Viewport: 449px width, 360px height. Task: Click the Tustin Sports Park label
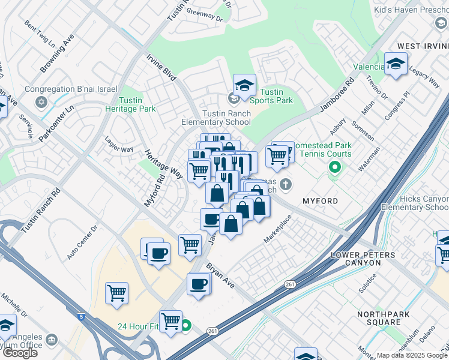[271, 96]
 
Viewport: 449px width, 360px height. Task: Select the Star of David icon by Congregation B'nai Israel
[41, 102]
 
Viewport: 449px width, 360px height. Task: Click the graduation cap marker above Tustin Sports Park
[244, 85]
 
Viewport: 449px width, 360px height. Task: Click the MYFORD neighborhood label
[320, 200]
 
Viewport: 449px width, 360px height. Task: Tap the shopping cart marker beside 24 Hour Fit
[170, 321]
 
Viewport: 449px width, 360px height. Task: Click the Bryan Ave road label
[220, 274]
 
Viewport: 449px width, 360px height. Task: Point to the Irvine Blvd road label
[161, 67]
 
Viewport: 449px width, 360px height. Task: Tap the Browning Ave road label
[57, 53]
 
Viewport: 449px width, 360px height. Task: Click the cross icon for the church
[286, 184]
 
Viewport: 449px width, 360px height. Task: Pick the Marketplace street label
[277, 230]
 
